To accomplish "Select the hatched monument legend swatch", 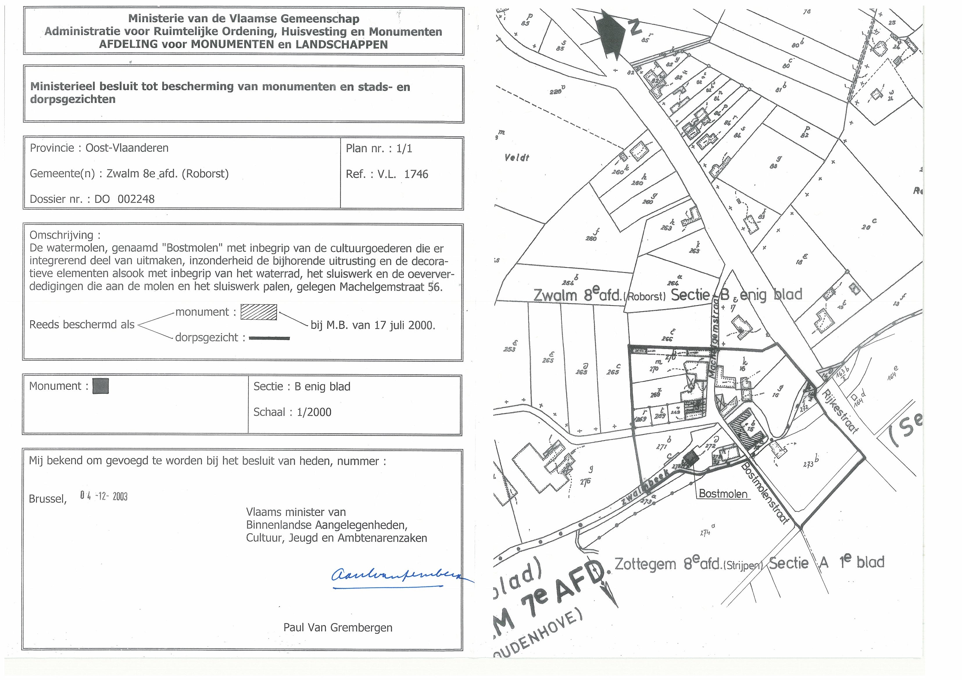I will [x=258, y=312].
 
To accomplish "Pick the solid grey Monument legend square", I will [x=101, y=386].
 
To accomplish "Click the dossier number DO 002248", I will [x=124, y=199].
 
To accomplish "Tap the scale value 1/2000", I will [x=314, y=412].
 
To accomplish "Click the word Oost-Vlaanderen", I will [x=127, y=148].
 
